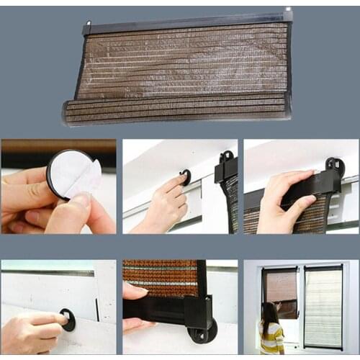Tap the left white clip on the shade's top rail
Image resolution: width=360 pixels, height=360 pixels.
tap(87, 27)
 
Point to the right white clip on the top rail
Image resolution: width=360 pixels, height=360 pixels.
tap(287, 14)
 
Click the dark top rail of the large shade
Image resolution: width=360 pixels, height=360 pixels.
tap(187, 22)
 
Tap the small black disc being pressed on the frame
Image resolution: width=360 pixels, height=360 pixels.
tap(186, 176)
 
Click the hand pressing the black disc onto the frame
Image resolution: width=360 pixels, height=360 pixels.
tap(162, 205)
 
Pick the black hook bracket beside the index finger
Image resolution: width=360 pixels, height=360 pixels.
tap(226, 167)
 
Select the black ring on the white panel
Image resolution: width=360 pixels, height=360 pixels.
tap(68, 319)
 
